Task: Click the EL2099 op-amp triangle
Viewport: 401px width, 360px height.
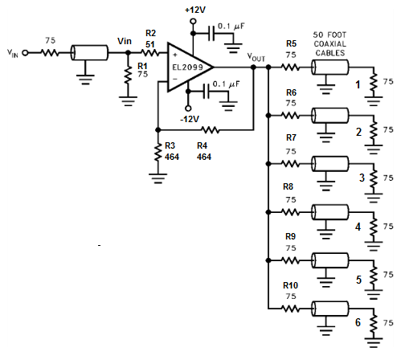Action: tap(187, 67)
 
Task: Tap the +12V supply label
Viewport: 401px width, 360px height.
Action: tap(195, 10)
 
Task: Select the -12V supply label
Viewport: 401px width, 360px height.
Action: tap(190, 119)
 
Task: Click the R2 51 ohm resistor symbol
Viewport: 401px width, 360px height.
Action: tap(150, 53)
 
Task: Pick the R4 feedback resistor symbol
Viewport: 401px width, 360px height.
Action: tap(211, 130)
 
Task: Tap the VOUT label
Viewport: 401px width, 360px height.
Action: tap(256, 57)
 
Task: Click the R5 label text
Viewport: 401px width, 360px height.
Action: tap(291, 43)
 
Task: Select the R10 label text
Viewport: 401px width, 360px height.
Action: tap(290, 285)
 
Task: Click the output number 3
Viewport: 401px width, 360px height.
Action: tap(362, 178)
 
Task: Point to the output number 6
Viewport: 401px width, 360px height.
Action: tap(358, 322)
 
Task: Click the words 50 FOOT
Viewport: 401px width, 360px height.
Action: tap(329, 35)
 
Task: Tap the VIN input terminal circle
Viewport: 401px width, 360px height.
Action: tap(25, 53)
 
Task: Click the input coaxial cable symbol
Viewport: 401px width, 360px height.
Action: tap(89, 53)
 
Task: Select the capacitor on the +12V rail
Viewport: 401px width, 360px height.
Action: tap(211, 34)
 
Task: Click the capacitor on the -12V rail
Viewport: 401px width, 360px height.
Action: tap(206, 92)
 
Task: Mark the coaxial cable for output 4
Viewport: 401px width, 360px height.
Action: tap(329, 212)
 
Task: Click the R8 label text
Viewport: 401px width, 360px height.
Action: tap(288, 186)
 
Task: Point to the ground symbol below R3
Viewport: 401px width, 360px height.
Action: tap(158, 178)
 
